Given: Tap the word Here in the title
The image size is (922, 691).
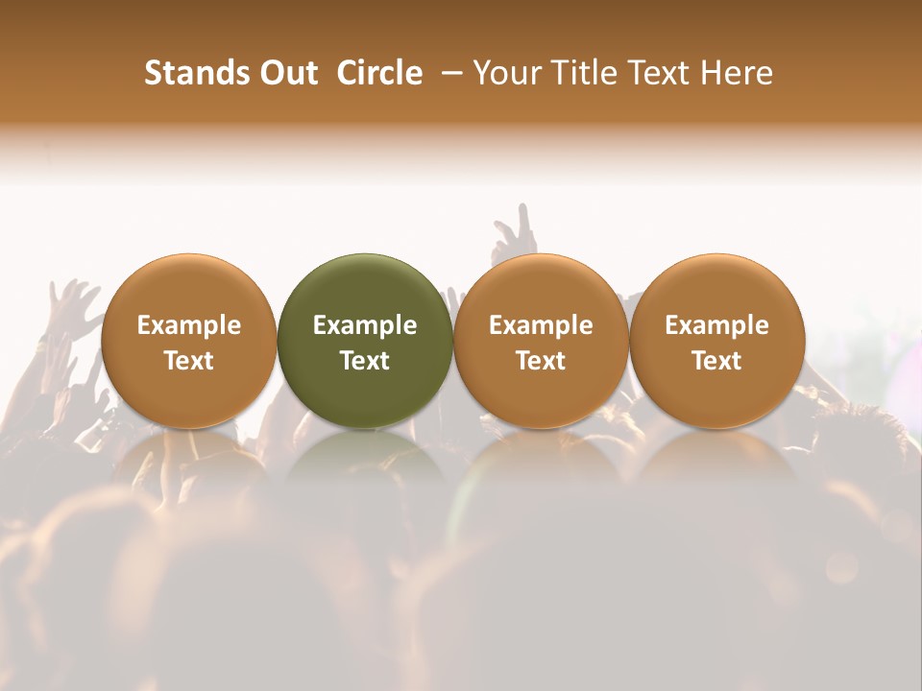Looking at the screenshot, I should pyautogui.click(x=737, y=73).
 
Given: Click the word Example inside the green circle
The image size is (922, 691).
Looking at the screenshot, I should pyautogui.click(x=365, y=325).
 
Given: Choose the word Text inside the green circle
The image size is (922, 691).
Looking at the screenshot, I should pyautogui.click(x=365, y=361).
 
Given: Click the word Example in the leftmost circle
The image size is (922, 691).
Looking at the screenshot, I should pyautogui.click(x=189, y=325).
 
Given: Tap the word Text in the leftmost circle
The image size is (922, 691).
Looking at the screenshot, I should pyautogui.click(x=189, y=361).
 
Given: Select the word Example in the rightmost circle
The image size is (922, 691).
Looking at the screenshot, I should pyautogui.click(x=716, y=325).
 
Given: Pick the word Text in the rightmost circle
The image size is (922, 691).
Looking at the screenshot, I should pyautogui.click(x=716, y=361).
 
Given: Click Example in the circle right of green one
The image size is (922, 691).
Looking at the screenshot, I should pyautogui.click(x=541, y=325).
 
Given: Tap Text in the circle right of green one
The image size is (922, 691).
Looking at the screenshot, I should pyautogui.click(x=541, y=361).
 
